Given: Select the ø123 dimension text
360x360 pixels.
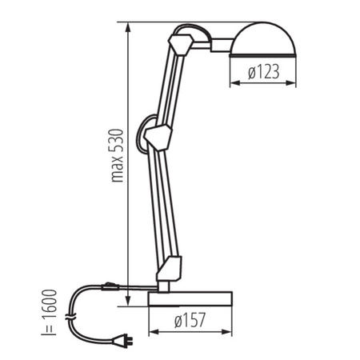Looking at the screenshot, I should (263, 73).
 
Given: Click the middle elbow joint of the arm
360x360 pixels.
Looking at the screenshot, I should (158, 136).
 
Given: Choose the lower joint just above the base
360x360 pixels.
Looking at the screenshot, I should (170, 269).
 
